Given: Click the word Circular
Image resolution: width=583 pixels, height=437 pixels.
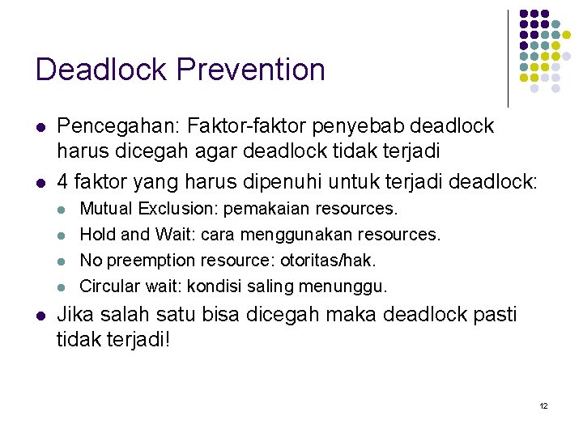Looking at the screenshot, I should click(109, 286).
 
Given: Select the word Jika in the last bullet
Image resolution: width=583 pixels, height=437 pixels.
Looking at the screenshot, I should click(76, 313).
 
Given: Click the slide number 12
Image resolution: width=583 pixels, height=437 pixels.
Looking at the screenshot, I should click(543, 405).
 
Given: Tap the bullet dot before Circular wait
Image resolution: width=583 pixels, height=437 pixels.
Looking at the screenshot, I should click(61, 286).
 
